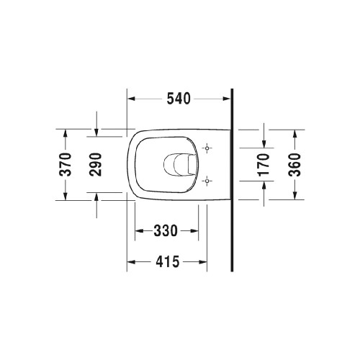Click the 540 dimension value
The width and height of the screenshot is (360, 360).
click(178, 99)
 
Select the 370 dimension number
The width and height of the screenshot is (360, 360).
click(65, 165)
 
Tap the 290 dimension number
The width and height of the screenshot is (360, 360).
click(96, 165)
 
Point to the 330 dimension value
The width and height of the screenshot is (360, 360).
click(166, 230)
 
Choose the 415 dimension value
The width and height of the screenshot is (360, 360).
click(166, 263)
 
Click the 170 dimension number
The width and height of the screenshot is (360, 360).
click(263, 165)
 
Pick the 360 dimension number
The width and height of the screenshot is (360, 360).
click(294, 165)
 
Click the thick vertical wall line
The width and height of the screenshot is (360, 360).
click(232, 180)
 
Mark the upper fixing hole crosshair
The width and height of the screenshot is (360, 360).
click(207, 149)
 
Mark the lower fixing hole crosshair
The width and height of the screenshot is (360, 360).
click(207, 179)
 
